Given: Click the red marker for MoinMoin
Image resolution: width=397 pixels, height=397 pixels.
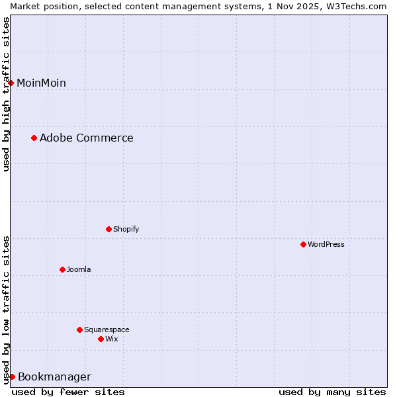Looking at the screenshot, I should [x=11, y=83].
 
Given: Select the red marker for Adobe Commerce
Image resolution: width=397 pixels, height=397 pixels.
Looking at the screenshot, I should [x=34, y=138].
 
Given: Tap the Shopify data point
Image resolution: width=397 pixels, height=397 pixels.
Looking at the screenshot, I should [x=109, y=229].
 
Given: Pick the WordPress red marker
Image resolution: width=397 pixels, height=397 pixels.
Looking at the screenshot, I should [x=304, y=244].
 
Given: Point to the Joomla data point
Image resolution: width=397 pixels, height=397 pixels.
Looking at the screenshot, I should [x=63, y=269].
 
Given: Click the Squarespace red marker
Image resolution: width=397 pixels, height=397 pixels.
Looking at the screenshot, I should [x=80, y=330].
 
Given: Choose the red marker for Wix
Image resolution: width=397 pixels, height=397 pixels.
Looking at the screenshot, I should [x=101, y=339].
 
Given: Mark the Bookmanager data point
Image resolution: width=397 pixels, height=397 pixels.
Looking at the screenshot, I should [x=12, y=376].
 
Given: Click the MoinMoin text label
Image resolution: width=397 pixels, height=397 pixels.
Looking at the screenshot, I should [x=41, y=83].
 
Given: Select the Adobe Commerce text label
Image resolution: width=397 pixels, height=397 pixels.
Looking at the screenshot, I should [x=86, y=138].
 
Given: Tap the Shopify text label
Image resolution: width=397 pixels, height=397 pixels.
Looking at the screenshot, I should [x=126, y=229].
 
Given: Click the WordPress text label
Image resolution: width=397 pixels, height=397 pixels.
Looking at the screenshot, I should [x=326, y=244].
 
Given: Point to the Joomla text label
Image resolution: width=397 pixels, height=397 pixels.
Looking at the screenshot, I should [x=79, y=269].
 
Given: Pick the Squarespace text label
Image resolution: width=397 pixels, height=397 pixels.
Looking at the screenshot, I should [x=107, y=330].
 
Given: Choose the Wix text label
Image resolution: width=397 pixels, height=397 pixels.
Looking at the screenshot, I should [x=111, y=339].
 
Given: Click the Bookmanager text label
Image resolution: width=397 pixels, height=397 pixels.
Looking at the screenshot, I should [x=54, y=376].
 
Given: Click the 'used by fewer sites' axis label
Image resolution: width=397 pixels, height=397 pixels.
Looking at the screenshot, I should [x=68, y=392].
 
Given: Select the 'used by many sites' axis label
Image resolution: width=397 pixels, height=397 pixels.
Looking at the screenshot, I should [x=332, y=392].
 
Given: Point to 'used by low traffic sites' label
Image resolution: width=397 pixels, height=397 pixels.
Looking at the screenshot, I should [x=6, y=309].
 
